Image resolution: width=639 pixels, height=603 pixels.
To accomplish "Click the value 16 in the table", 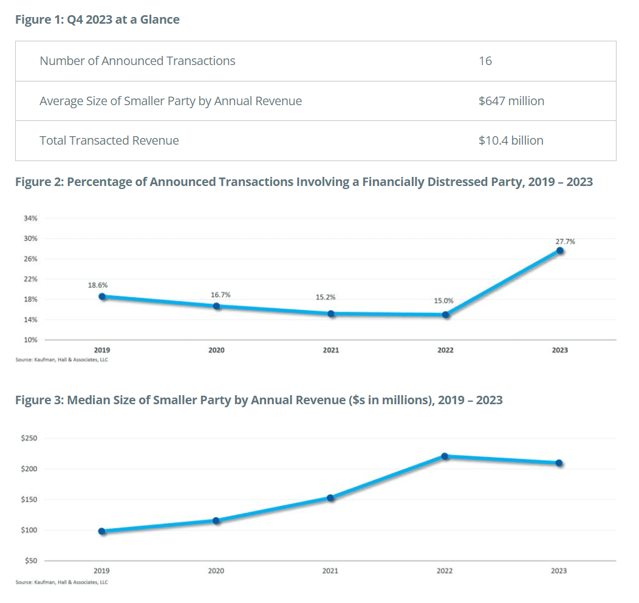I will pyautogui.click(x=485, y=61).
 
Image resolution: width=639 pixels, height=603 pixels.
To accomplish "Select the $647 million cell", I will pyautogui.click(x=511, y=101).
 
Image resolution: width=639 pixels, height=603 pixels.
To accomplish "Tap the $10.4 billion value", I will pyautogui.click(x=510, y=140).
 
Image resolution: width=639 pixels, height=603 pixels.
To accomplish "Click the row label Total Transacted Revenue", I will pyautogui.click(x=109, y=140).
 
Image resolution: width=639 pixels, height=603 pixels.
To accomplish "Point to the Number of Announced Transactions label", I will pyautogui.click(x=137, y=61).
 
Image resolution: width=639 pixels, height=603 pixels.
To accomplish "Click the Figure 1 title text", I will pyautogui.click(x=97, y=19).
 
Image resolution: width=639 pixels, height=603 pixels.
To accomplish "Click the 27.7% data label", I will pyautogui.click(x=565, y=241).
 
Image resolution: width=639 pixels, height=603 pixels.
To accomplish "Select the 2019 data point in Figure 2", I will pyautogui.click(x=102, y=297).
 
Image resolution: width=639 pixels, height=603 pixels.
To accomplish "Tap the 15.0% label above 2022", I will pyautogui.click(x=443, y=300).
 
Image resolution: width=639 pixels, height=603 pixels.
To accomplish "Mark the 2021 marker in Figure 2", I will pyautogui.click(x=331, y=314).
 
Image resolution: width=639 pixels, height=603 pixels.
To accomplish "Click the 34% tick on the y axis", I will pyautogui.click(x=31, y=218).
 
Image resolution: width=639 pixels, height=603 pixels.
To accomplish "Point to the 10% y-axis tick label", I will pyautogui.click(x=31, y=340).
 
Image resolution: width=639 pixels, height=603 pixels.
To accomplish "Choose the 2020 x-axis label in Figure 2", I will pyautogui.click(x=216, y=350).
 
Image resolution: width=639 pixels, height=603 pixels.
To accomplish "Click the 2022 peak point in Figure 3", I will pyautogui.click(x=445, y=456).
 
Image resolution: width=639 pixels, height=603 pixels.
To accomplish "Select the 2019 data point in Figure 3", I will pyautogui.click(x=102, y=531).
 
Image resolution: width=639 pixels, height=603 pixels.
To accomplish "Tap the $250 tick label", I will pyautogui.click(x=29, y=438).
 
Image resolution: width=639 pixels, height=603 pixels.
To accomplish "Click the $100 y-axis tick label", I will pyautogui.click(x=29, y=530).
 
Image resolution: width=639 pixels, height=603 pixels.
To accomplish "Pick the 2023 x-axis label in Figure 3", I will pyautogui.click(x=559, y=571).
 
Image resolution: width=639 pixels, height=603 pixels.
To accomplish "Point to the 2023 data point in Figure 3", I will pyautogui.click(x=559, y=463).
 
